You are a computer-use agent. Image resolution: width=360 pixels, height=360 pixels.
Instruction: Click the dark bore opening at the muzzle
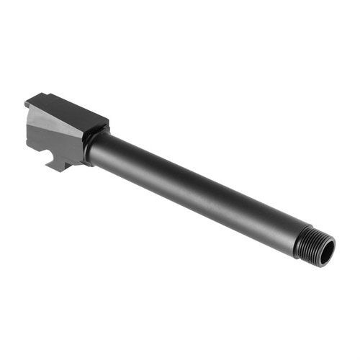click(326, 253)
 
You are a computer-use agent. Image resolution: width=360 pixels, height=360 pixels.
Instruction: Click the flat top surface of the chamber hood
click(68, 112)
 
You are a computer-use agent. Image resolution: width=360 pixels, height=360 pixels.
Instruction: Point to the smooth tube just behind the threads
click(284, 229)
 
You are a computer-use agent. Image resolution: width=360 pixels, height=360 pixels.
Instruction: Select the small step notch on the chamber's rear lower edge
click(32, 148)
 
